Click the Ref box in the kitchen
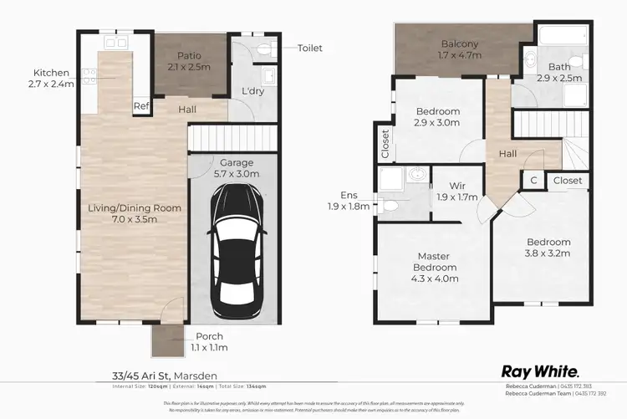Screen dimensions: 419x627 (x=142, y=106)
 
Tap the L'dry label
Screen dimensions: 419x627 (x=253, y=90)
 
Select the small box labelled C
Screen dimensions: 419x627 (x=533, y=180)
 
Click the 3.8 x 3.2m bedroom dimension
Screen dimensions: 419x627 (x=546, y=252)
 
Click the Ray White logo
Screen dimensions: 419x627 (x=541, y=370)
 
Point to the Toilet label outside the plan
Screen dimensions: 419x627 (x=310, y=49)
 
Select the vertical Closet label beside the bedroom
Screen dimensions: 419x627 (x=385, y=143)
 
